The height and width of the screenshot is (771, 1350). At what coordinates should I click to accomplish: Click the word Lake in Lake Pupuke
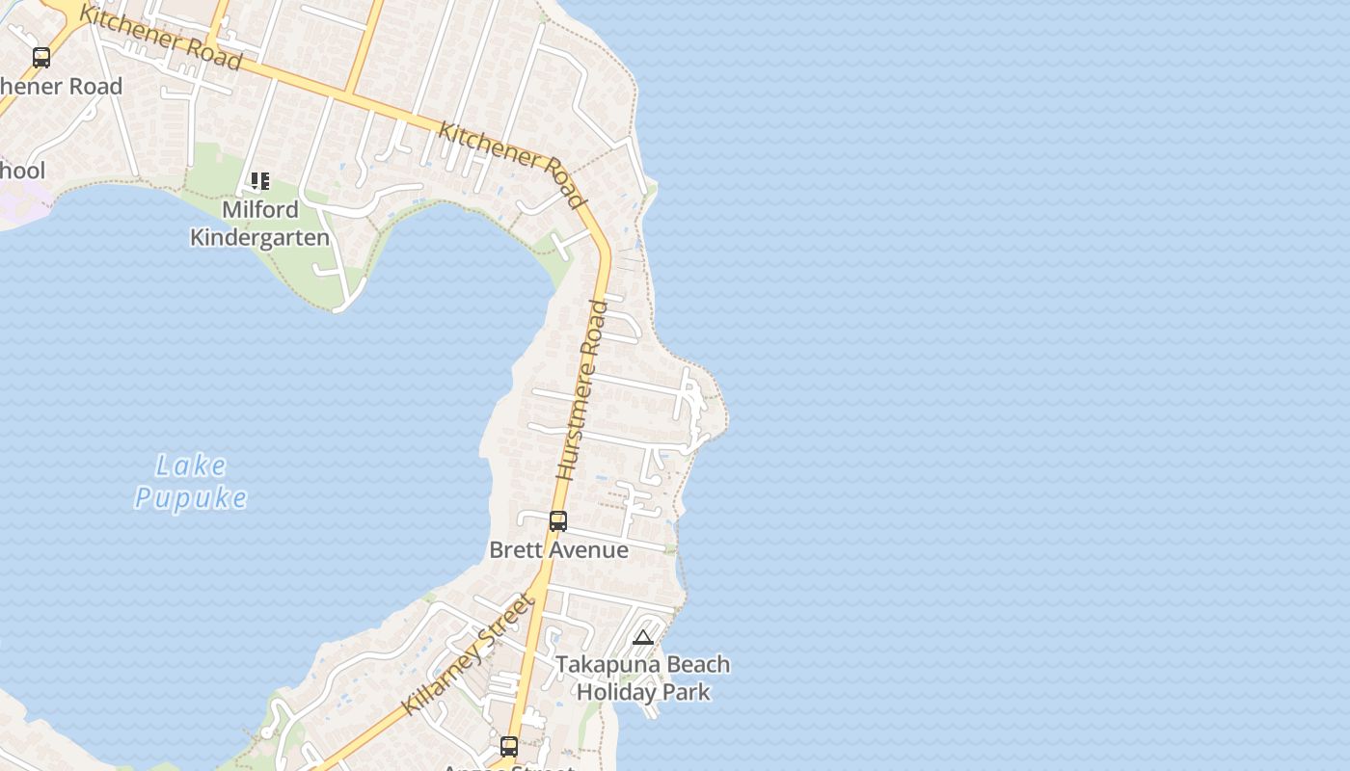pos(191,467)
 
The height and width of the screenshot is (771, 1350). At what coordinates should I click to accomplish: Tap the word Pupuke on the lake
pos(191,498)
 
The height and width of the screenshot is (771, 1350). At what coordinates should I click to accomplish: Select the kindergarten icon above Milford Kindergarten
pos(259,181)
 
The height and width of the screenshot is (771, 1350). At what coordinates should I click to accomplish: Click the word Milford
pos(260,209)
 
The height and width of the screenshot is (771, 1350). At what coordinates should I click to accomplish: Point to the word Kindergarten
pos(260,237)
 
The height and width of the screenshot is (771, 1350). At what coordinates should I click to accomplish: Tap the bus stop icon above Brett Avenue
pos(557,521)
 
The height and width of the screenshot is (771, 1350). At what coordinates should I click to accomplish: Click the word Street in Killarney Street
pos(512,618)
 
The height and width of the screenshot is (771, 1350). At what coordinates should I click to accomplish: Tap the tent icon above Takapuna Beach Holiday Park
pos(643,637)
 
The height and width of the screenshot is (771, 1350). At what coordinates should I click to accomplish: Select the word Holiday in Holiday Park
pos(618,692)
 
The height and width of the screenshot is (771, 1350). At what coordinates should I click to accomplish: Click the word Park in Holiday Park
pos(688,692)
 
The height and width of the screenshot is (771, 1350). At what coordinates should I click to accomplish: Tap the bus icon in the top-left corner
pos(41,57)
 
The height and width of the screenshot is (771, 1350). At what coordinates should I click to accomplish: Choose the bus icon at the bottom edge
pos(508,746)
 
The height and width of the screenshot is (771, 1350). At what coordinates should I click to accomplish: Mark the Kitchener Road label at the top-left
pos(160,37)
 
